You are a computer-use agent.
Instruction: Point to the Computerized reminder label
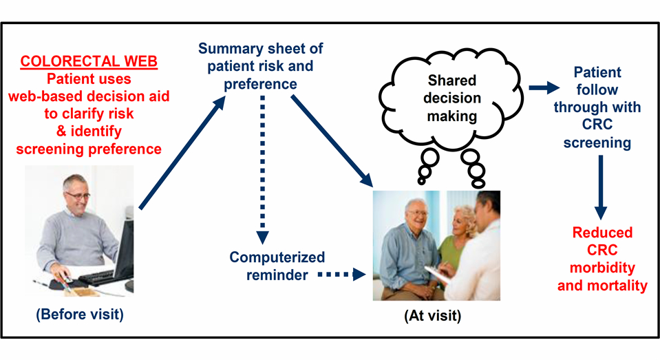[277, 266]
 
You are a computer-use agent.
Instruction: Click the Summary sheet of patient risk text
[260, 67]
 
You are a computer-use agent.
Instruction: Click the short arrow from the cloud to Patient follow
[542, 88]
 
